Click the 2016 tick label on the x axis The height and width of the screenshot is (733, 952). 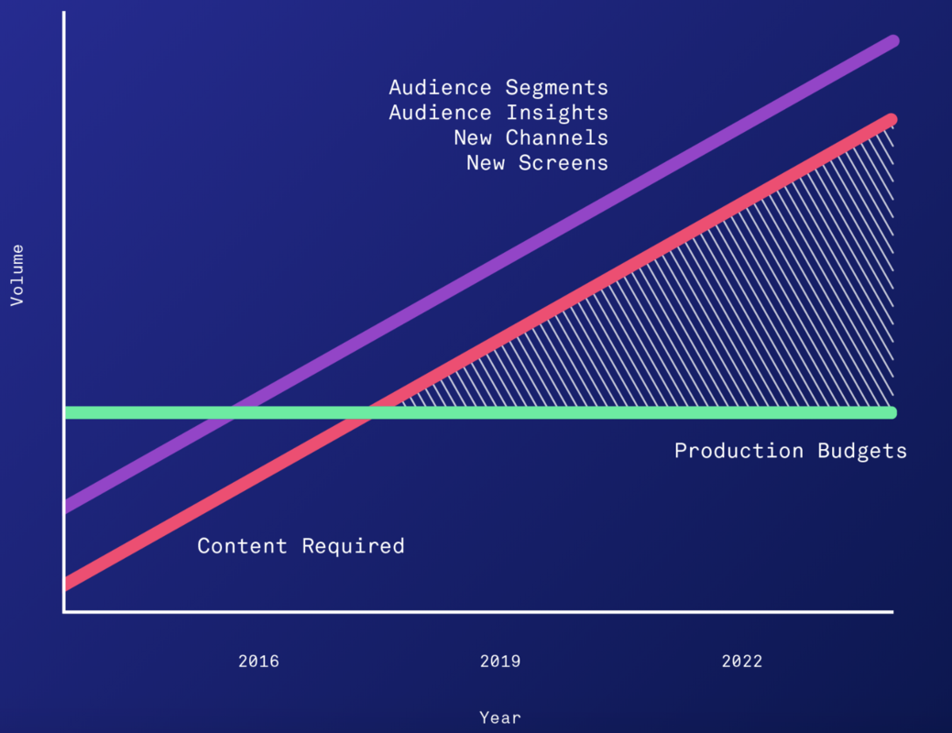pos(258,661)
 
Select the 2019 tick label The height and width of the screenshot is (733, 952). pos(500,661)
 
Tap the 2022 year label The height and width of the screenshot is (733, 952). pos(741,661)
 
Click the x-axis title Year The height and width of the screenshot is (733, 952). pos(500,717)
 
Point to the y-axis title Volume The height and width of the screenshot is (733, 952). pos(16,275)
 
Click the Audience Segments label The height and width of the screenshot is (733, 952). pos(498,88)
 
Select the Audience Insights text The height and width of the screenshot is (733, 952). pos(498,113)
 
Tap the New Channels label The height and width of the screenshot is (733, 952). pos(531,137)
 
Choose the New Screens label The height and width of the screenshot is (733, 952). pos(537,162)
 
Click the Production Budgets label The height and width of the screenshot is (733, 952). pos(790,451)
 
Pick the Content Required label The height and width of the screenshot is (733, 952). pos(301,546)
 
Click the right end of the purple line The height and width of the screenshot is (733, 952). pos(892,41)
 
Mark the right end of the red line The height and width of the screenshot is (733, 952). pos(891,120)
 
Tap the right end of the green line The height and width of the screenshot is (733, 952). pos(892,412)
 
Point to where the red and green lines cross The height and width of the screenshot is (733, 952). pos(372,412)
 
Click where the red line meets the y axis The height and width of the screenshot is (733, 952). pos(66,584)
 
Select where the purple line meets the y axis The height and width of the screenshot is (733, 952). pos(66,506)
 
